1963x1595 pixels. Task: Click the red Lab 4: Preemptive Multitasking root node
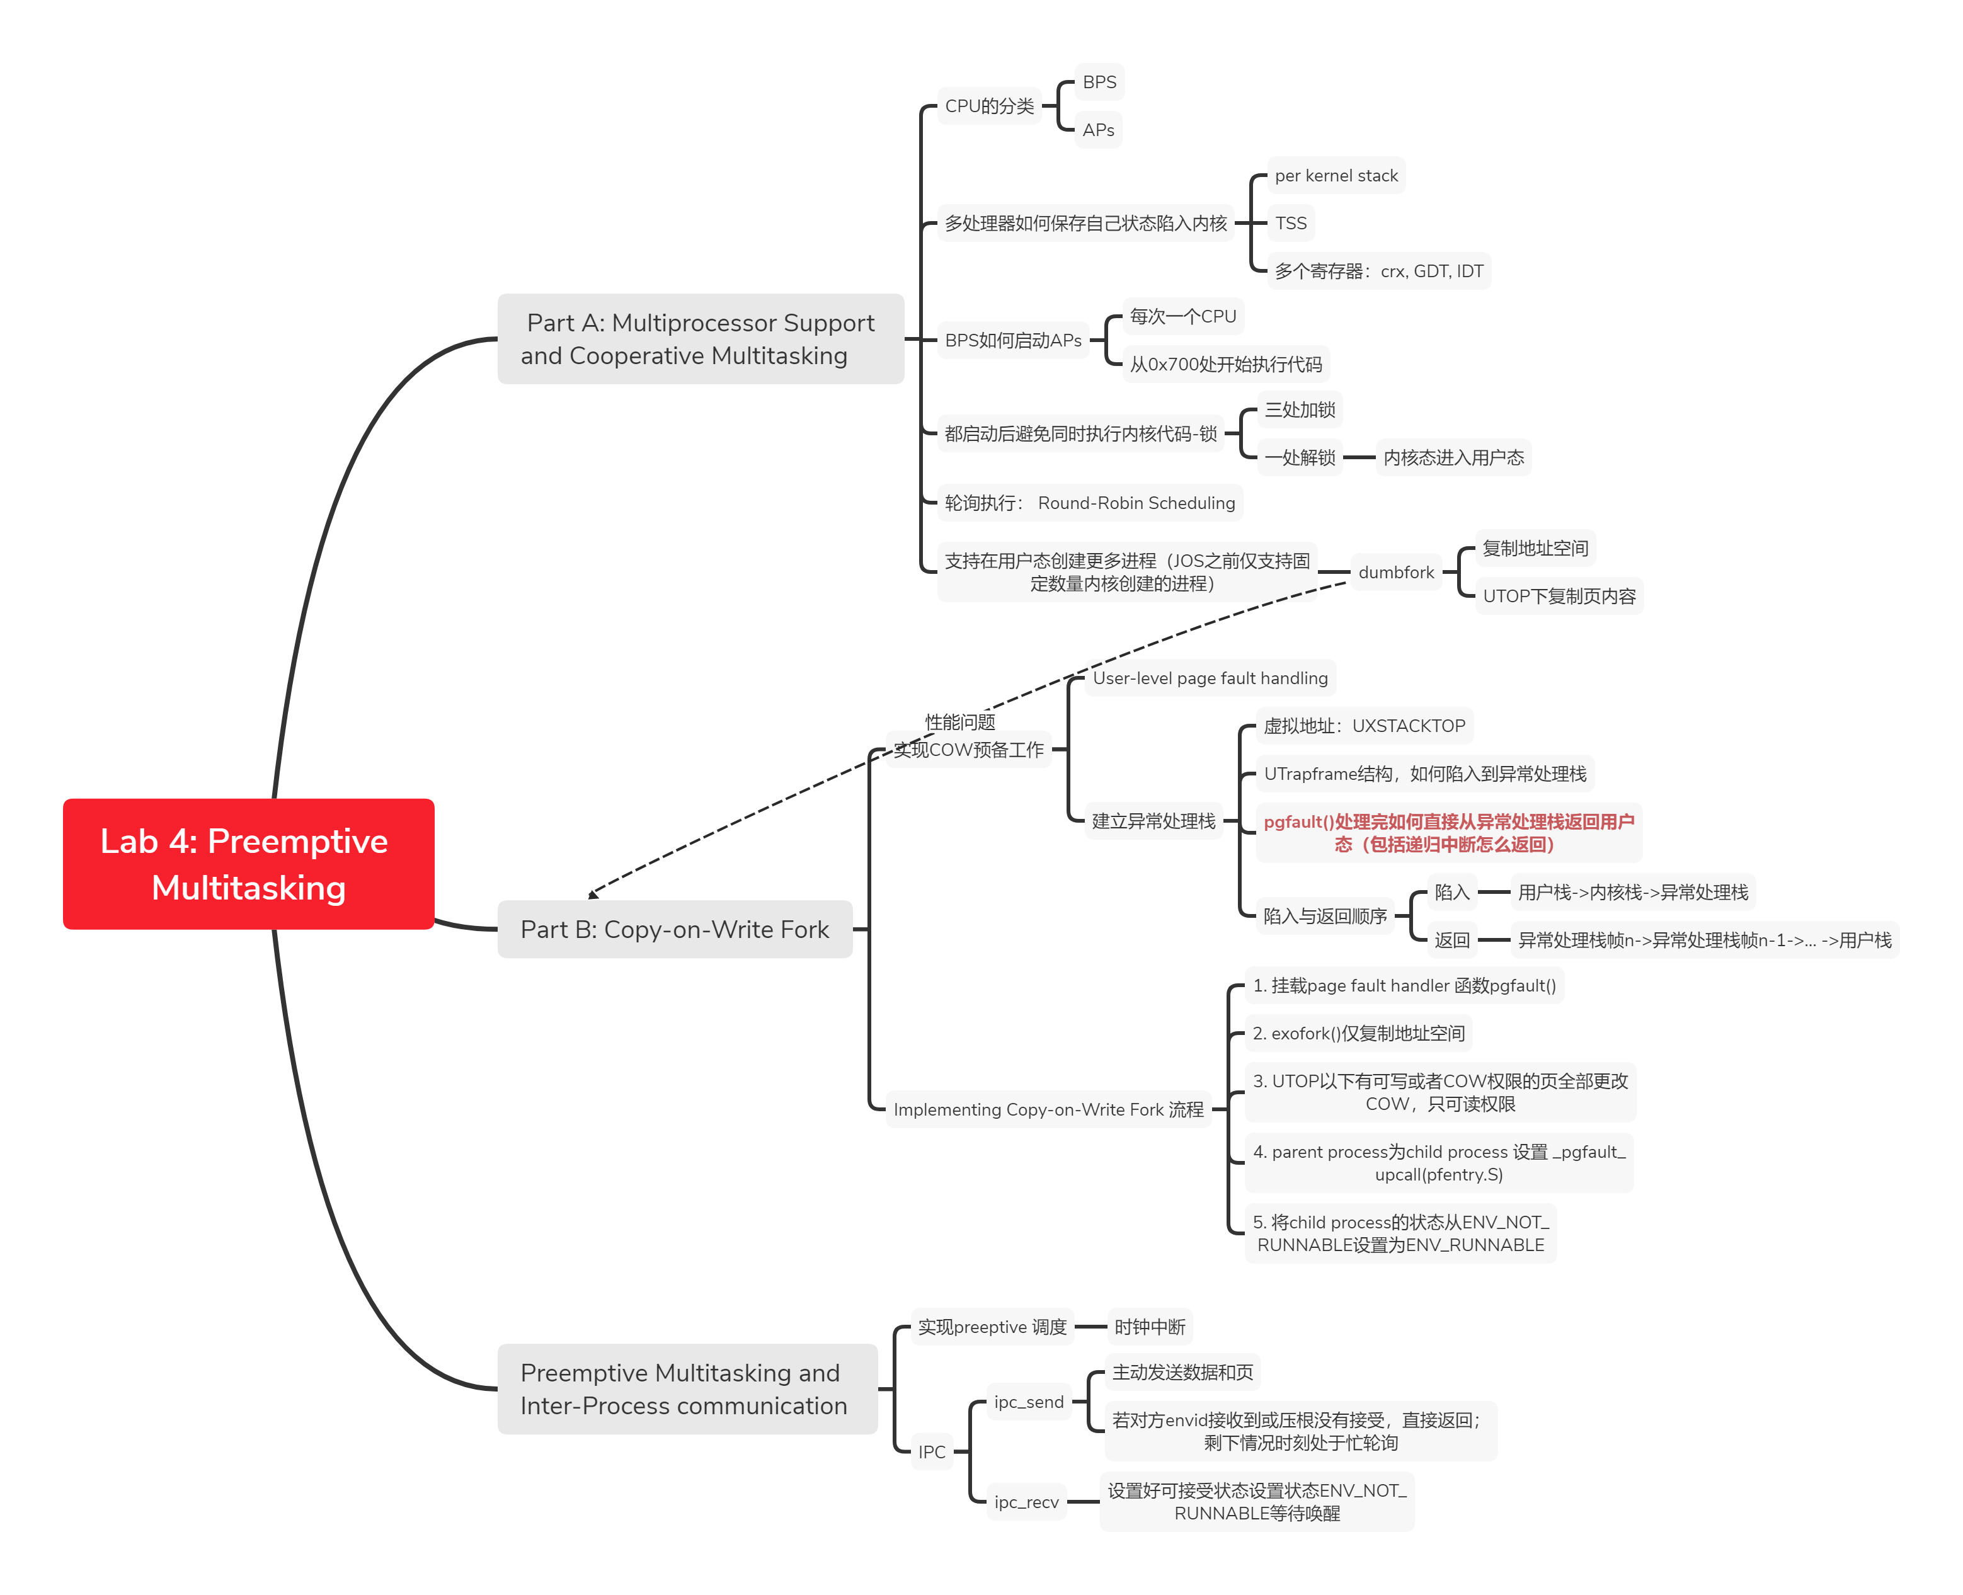click(x=248, y=864)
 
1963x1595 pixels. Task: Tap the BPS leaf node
click(x=1099, y=82)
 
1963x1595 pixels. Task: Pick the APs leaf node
click(x=1097, y=130)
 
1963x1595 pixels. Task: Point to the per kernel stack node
click(x=1336, y=176)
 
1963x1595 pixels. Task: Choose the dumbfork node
click(x=1395, y=573)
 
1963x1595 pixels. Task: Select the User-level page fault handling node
click(x=1210, y=678)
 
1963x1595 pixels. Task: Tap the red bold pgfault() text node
click(x=1448, y=832)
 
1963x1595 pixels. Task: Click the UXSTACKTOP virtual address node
click(x=1363, y=726)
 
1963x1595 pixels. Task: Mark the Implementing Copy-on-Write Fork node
click(x=1048, y=1109)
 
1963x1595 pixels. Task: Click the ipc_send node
click(x=1028, y=1402)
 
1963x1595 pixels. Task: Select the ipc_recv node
click(x=1026, y=1502)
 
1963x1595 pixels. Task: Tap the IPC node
click(x=932, y=1451)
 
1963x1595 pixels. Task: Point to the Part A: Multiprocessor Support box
click(x=700, y=339)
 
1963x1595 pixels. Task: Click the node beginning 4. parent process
click(x=1438, y=1163)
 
